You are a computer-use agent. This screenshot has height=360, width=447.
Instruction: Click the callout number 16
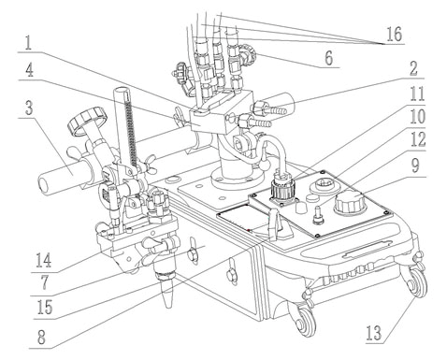395,34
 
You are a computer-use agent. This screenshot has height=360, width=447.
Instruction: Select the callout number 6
329,58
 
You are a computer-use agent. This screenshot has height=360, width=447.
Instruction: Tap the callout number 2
413,68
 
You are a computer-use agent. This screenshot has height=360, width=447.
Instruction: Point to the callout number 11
417,94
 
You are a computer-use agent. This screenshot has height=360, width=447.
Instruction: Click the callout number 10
418,117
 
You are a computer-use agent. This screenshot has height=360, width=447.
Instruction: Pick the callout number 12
418,139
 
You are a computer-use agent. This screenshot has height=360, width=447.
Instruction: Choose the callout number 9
416,166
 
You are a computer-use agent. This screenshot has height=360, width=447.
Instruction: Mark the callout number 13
374,333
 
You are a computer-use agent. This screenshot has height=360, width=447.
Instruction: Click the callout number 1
28,43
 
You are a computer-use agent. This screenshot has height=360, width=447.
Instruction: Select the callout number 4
29,71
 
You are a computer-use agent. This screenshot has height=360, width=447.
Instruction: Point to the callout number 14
44,261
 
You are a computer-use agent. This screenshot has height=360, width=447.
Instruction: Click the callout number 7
44,283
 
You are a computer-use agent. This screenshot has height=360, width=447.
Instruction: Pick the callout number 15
45,308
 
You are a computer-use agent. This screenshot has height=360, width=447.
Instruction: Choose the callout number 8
41,338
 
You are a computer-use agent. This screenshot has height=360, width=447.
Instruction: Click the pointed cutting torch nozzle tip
168,307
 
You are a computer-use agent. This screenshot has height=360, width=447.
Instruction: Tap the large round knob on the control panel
348,202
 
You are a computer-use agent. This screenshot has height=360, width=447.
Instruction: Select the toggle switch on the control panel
318,214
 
